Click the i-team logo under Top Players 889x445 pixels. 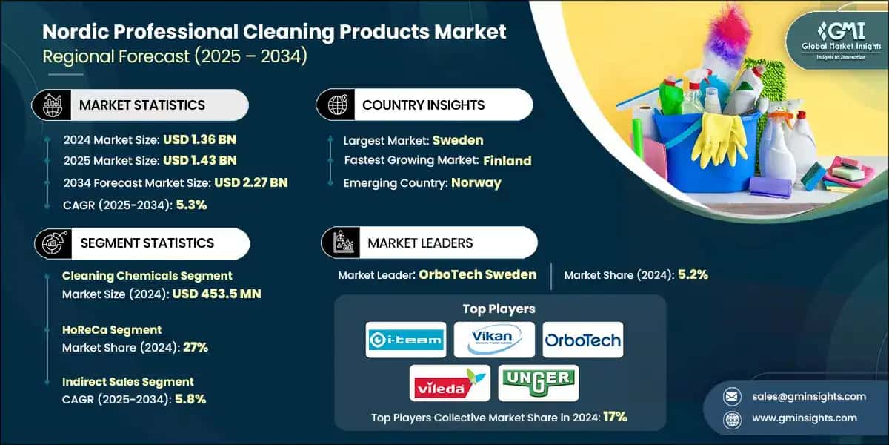(x=406, y=340)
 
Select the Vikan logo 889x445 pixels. (x=493, y=340)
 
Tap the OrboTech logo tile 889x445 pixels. (x=582, y=340)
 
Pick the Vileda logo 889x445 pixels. (x=450, y=383)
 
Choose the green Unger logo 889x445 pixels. (x=538, y=383)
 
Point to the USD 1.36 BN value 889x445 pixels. (x=201, y=139)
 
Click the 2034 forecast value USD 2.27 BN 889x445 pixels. (x=250, y=182)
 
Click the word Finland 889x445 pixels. (x=507, y=160)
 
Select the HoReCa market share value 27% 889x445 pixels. (x=195, y=347)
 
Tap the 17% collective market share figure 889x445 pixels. (x=615, y=417)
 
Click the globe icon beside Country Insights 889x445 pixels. (x=336, y=105)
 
